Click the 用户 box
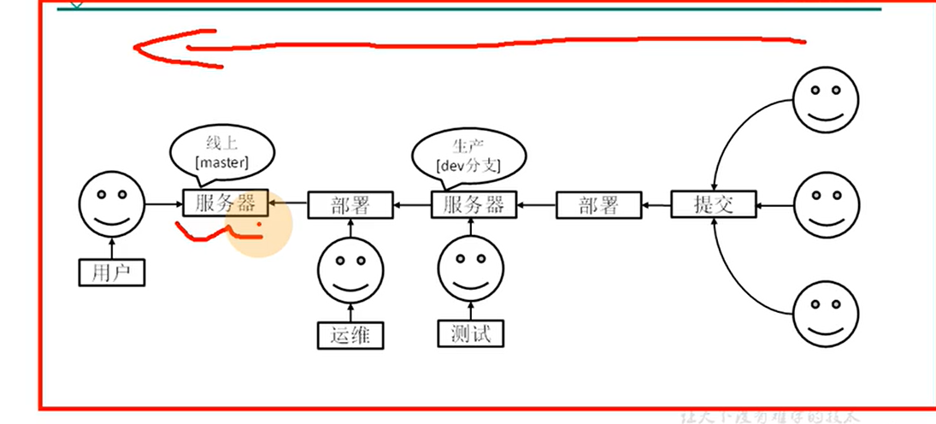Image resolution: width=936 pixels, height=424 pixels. pos(111,272)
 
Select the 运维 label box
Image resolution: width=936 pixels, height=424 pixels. pos(350,334)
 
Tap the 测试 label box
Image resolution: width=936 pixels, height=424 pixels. pos(470,333)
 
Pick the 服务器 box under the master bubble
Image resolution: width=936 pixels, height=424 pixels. pos(226,203)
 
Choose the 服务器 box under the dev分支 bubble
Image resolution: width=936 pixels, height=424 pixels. pos(474,205)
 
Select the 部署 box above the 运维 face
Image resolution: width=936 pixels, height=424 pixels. pos(350,205)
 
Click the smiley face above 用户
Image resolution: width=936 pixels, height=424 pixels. pos(111,204)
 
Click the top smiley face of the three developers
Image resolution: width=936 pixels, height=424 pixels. pos(827,100)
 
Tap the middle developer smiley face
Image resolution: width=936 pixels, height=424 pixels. pos(827,205)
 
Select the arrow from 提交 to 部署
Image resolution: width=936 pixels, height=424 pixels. pos(656,205)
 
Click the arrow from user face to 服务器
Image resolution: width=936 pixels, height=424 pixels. pos(163,204)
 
